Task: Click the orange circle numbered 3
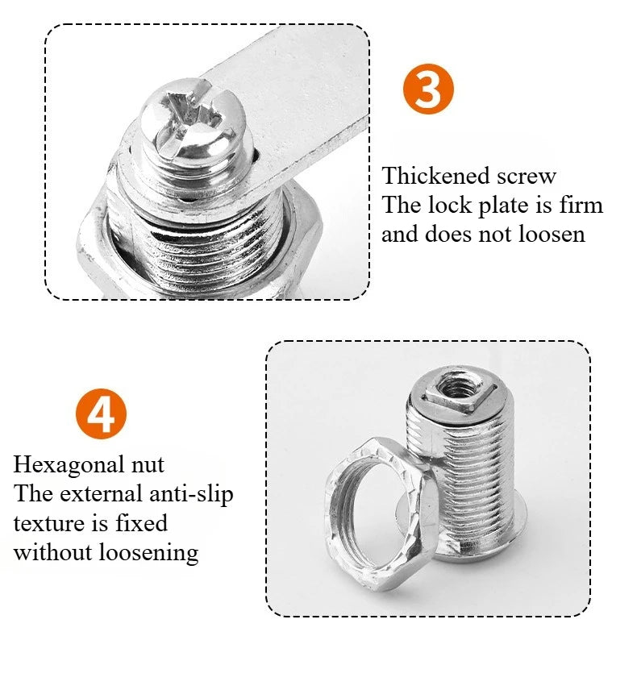[428, 89]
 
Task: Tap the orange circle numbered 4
[102, 414]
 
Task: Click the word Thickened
[435, 176]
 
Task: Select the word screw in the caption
[527, 177]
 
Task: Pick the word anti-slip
[191, 495]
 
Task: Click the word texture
[49, 524]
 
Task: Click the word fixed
[141, 523]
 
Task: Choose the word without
[52, 552]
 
